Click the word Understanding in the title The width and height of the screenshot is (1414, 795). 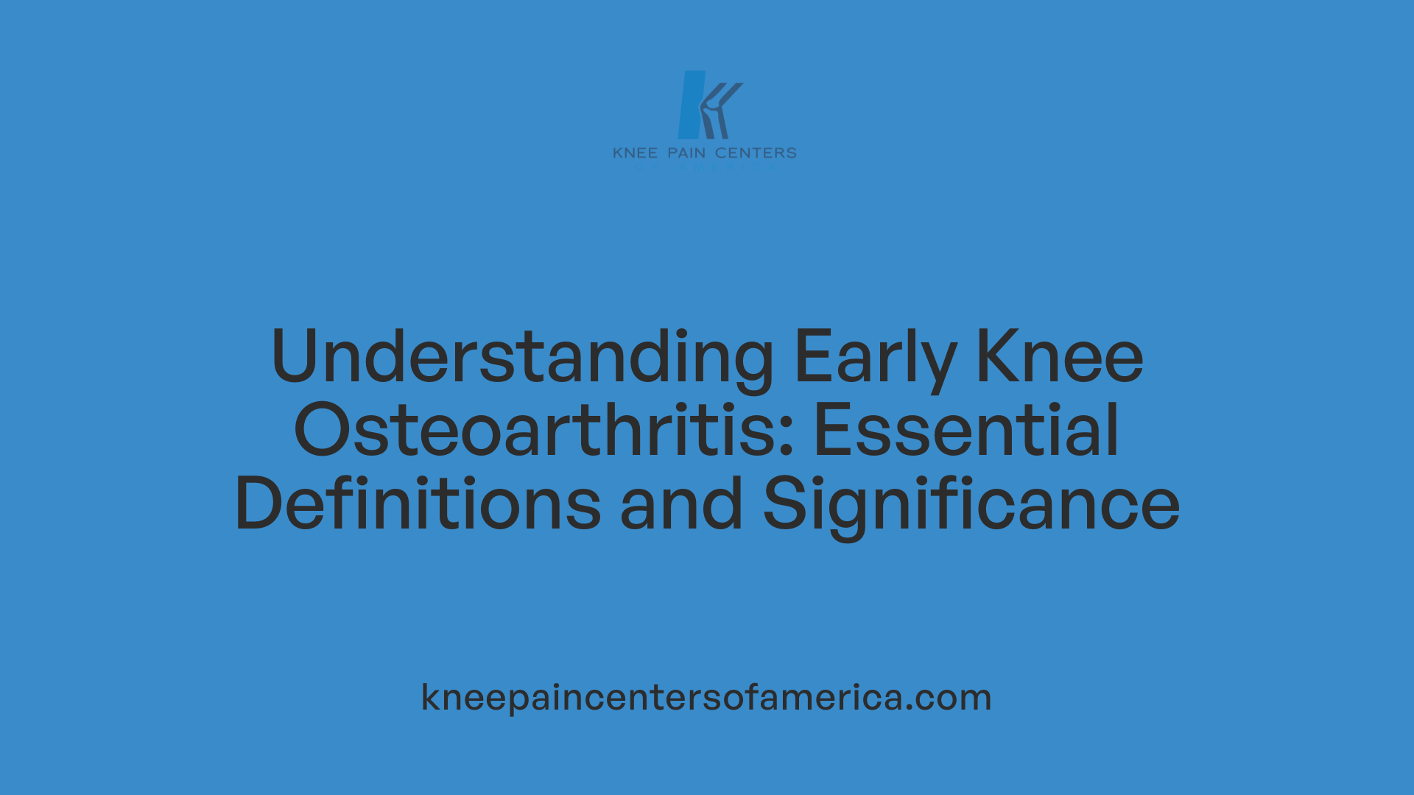coord(522,358)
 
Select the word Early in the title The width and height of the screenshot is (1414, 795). coord(875,358)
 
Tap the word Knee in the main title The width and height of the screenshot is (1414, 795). coord(1059,356)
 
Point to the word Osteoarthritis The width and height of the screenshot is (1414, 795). coord(544,430)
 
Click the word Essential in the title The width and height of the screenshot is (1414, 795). coord(966,430)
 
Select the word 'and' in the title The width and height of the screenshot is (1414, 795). coord(681,504)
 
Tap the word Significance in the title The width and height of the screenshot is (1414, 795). coord(971,505)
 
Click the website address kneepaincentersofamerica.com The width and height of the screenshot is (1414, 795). coord(706,697)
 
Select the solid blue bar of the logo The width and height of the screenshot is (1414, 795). coord(691,105)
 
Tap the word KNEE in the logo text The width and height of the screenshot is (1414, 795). coord(635,153)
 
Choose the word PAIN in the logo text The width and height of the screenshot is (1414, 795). coord(686,153)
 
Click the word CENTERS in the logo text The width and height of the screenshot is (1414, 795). coord(756,153)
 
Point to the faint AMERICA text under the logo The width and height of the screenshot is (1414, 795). coord(726,168)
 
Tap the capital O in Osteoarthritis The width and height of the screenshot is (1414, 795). coord(322,430)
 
